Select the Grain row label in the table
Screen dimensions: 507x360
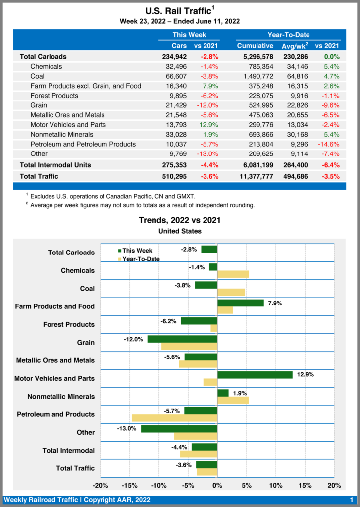coord(39,105)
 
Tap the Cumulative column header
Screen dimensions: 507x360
coord(255,46)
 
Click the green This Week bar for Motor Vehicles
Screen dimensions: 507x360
coord(255,375)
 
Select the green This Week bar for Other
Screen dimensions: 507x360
coord(179,429)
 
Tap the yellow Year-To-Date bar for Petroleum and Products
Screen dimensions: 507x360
coord(174,418)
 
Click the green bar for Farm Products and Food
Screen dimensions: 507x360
coord(241,303)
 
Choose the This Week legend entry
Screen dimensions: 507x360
coord(138,251)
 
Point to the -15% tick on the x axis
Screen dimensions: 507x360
coord(130,485)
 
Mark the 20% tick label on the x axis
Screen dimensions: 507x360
coord(334,485)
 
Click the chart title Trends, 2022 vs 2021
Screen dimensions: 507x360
coord(180,220)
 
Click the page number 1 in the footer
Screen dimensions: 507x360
coord(351,500)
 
